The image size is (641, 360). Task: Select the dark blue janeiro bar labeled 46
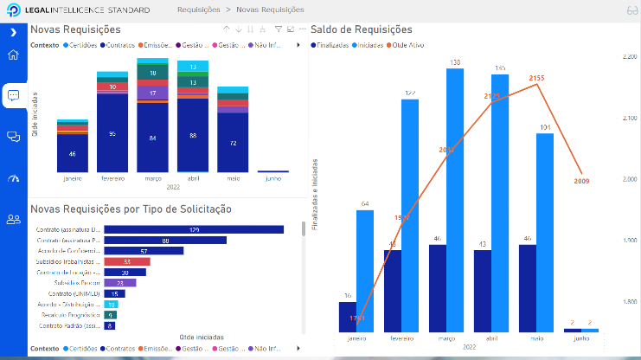pyautogui.click(x=72, y=153)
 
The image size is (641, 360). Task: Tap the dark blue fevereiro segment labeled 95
pyautogui.click(x=112, y=134)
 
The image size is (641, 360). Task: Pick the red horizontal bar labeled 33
pyautogui.click(x=125, y=261)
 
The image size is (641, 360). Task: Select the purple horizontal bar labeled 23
pyautogui.click(x=119, y=283)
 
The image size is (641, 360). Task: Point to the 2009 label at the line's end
pyautogui.click(x=580, y=181)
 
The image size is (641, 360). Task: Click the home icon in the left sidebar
pyautogui.click(x=13, y=56)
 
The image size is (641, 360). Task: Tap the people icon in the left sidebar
pyautogui.click(x=13, y=219)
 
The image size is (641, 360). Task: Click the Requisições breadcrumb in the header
pyautogui.click(x=197, y=10)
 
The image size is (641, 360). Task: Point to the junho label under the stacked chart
pyautogui.click(x=272, y=179)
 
